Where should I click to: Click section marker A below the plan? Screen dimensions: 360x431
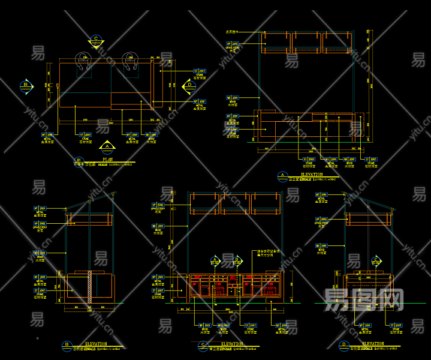coord(107,146)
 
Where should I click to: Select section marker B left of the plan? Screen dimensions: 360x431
coord(26,86)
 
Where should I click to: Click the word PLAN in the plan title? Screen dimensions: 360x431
coord(107,160)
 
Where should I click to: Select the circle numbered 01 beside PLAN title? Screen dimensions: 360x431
coord(79,161)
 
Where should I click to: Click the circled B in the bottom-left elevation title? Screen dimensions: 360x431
coord(66,345)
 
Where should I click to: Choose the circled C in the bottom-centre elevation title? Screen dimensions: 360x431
coord(203,346)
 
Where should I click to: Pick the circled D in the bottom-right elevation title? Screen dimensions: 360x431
coord(343,346)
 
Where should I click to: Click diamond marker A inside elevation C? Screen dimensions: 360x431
coord(216,261)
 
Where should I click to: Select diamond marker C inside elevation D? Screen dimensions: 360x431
coord(376,261)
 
